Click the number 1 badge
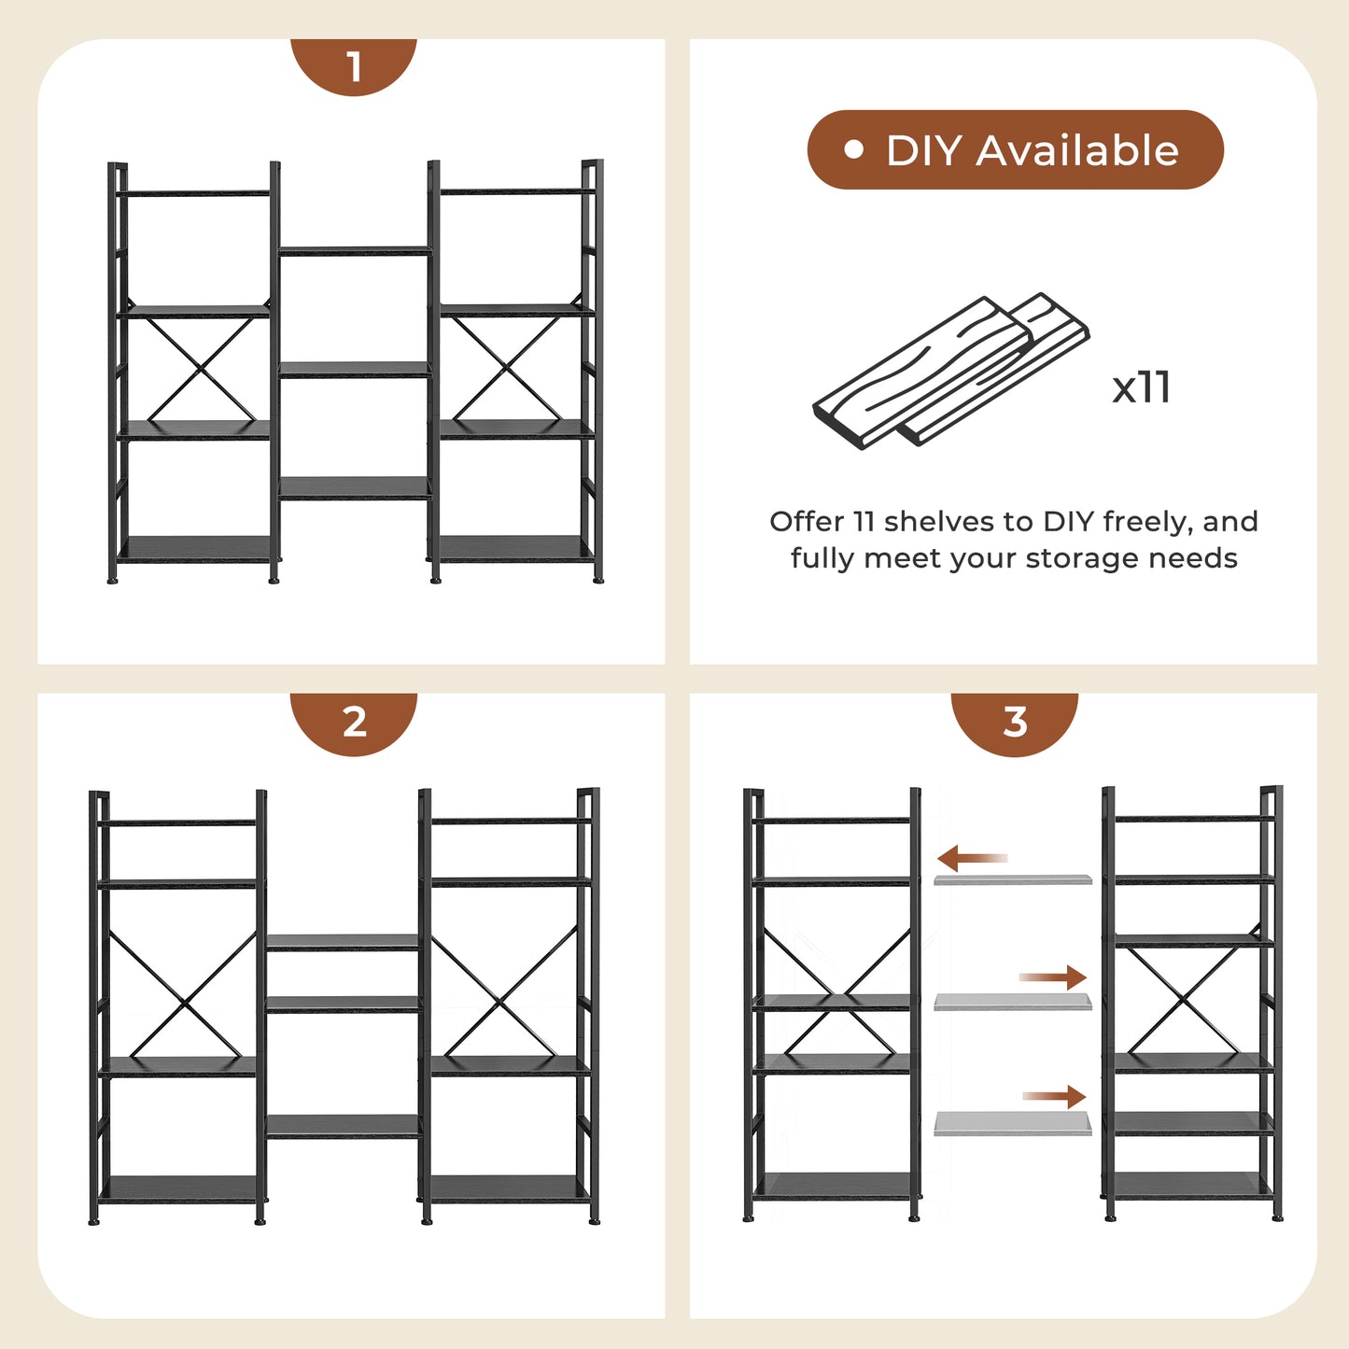coord(354,66)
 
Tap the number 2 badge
coord(354,723)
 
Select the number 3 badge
coord(1015,723)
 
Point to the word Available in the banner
coord(1077,150)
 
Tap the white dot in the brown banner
coord(853,149)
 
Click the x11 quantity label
coord(1141,387)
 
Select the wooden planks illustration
coord(950,371)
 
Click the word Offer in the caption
coord(808,522)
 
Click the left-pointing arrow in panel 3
coord(972,858)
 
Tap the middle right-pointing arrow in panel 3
coord(1053,977)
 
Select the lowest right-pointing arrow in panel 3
coord(1054,1096)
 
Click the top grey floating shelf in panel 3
coord(1012,880)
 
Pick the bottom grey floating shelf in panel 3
coord(1012,1124)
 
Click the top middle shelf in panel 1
coord(354,250)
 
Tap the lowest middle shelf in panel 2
coord(343,1127)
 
